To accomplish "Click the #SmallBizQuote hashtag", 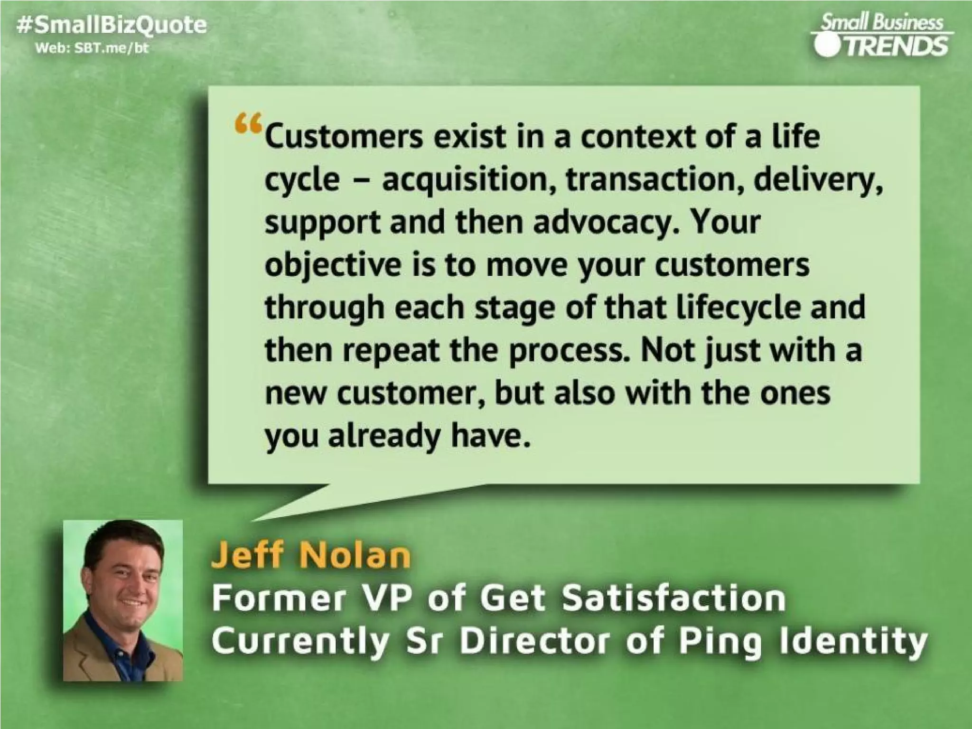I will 112,25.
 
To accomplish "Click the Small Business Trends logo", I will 882,36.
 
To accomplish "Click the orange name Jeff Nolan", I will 311,555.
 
